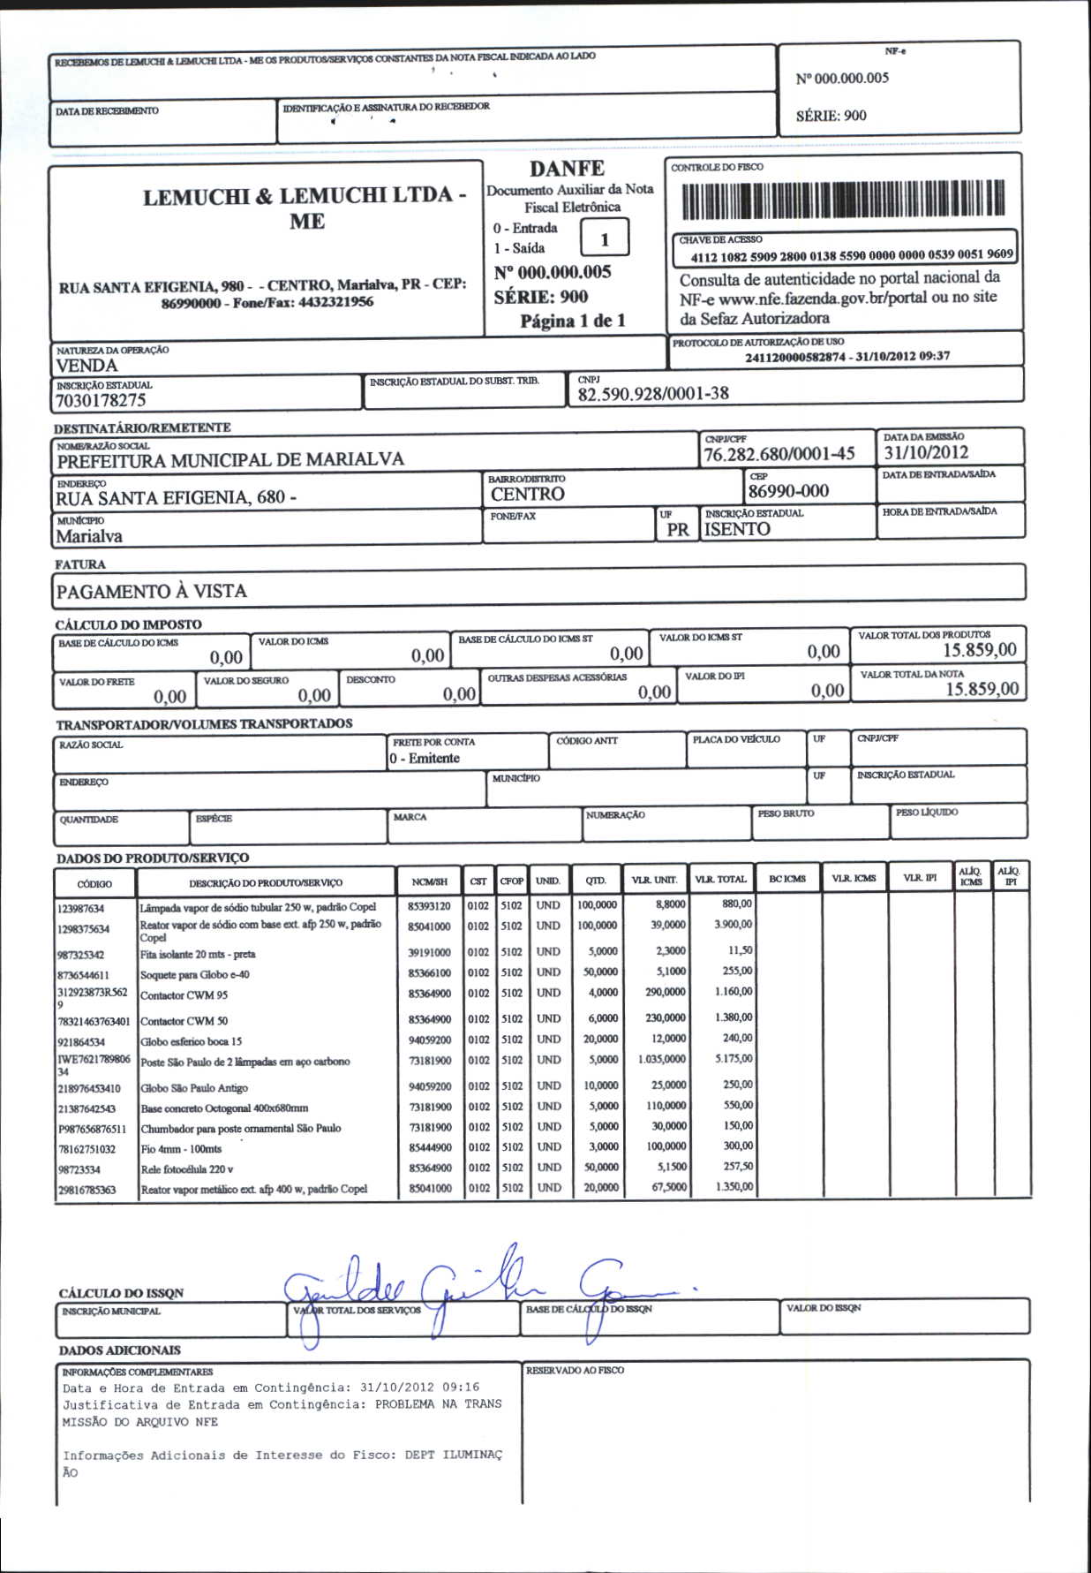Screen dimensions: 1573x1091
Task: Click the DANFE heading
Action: (x=567, y=169)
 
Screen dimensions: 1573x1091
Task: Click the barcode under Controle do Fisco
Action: (x=843, y=200)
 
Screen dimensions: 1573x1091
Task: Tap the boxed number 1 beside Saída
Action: (x=605, y=239)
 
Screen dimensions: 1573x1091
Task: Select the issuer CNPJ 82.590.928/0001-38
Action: (x=653, y=394)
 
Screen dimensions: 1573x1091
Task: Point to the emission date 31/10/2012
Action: (x=926, y=453)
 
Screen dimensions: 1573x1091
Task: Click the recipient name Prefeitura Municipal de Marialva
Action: (x=230, y=460)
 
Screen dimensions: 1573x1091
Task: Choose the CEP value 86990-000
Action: (x=788, y=491)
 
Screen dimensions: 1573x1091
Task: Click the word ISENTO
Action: (x=737, y=529)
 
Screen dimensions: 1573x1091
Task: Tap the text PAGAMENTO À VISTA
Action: (x=152, y=592)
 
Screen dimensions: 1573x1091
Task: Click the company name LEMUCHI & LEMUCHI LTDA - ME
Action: (x=305, y=208)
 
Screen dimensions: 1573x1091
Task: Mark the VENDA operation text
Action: (x=87, y=366)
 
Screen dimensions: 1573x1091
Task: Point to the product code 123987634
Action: (x=81, y=909)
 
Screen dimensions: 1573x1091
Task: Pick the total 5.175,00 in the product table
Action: (x=734, y=1058)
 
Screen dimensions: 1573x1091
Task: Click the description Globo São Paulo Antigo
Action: (x=194, y=1088)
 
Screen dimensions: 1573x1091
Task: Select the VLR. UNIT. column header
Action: (x=654, y=880)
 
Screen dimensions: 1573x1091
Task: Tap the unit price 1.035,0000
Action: (x=661, y=1059)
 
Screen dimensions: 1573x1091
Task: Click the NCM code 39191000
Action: (x=429, y=953)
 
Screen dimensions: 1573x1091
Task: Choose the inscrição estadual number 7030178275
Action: (x=101, y=400)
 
